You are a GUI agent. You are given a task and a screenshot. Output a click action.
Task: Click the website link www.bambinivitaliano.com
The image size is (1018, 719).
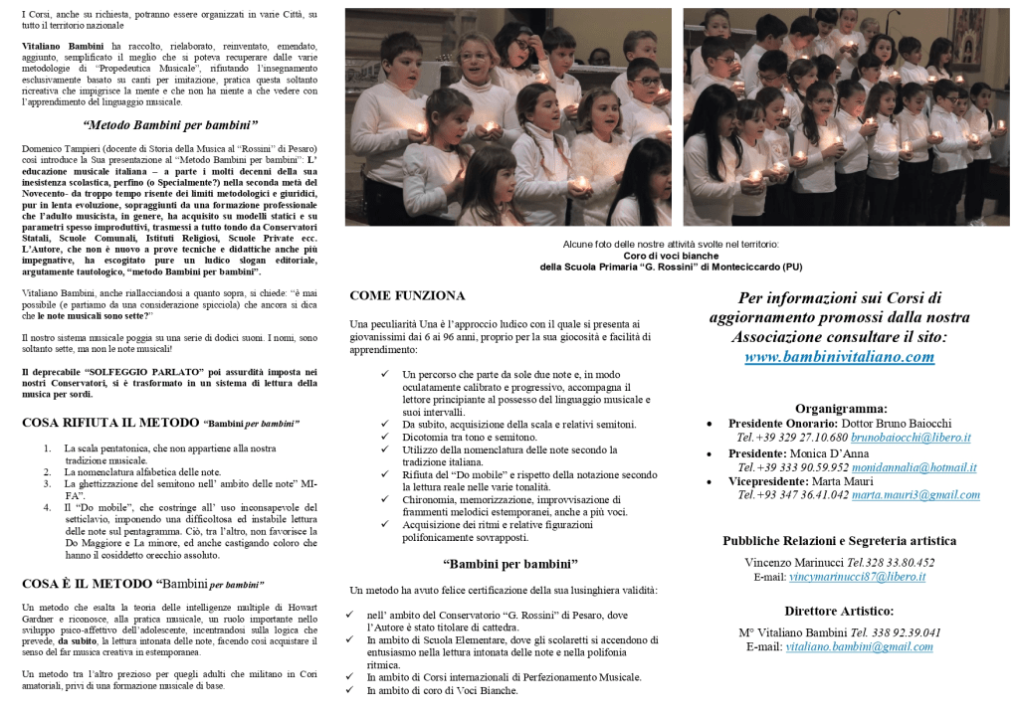pos(840,357)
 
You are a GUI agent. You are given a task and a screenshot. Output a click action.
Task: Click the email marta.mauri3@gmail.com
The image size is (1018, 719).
pos(916,495)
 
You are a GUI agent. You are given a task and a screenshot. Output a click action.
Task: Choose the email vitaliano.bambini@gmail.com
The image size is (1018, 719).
pos(859,646)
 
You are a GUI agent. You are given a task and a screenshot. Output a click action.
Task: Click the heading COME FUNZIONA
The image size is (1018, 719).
pos(407,296)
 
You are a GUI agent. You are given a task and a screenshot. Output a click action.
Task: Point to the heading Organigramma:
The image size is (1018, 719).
pos(840,408)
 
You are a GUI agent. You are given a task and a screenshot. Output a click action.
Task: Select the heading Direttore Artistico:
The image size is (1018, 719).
pos(839,612)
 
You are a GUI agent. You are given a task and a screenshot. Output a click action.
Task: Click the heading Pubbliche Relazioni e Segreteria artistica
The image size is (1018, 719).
pos(840,541)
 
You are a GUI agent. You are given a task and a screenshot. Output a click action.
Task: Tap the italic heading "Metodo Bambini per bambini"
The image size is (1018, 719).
pos(170,125)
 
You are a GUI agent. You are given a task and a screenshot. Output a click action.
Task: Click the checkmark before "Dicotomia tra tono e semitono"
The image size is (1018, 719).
pos(385,438)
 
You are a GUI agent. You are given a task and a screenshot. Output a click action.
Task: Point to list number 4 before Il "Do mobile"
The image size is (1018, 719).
pos(47,507)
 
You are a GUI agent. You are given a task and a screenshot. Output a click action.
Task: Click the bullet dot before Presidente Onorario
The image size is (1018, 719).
pos(709,424)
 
